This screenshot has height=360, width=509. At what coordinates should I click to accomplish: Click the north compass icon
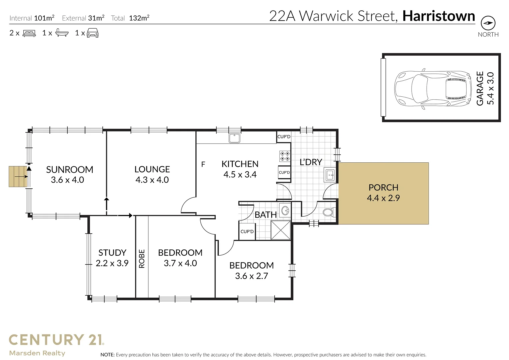(x=488, y=23)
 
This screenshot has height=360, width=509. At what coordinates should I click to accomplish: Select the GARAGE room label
(x=480, y=89)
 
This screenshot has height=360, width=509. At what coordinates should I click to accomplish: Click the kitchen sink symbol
(x=235, y=138)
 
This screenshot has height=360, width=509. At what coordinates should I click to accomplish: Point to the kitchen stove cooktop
(x=284, y=156)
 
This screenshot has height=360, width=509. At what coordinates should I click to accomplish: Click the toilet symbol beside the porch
(x=328, y=212)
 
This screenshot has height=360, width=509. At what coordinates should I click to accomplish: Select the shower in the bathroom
(x=280, y=230)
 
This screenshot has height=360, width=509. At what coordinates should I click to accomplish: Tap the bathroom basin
(x=285, y=210)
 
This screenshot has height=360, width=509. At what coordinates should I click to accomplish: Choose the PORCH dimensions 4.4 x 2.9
(x=383, y=198)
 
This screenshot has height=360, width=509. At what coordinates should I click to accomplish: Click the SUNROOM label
(x=69, y=169)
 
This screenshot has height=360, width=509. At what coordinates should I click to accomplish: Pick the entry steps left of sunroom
(x=18, y=176)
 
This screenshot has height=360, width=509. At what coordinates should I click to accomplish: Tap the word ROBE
(x=142, y=259)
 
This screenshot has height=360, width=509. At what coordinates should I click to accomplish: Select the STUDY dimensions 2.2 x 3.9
(x=112, y=263)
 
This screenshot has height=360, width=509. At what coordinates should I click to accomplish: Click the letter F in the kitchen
(x=203, y=164)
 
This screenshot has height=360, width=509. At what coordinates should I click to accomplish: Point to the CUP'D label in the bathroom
(x=247, y=232)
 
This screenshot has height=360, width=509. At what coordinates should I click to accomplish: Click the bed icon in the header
(x=29, y=33)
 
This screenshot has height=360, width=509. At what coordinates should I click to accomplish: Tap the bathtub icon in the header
(x=62, y=33)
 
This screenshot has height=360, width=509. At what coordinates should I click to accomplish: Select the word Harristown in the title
(x=438, y=16)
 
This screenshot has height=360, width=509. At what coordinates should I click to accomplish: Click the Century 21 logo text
(x=56, y=340)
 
